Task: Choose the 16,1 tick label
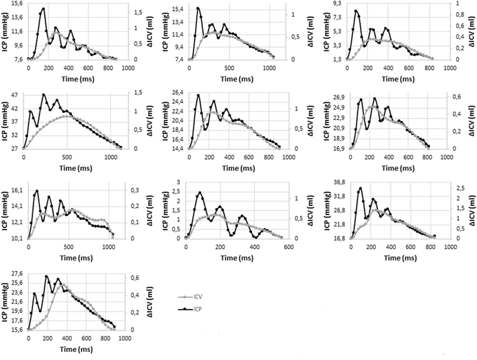15,190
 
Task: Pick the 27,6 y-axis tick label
15,273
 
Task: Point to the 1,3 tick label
339,59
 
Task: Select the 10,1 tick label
15,238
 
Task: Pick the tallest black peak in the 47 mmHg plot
44,95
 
